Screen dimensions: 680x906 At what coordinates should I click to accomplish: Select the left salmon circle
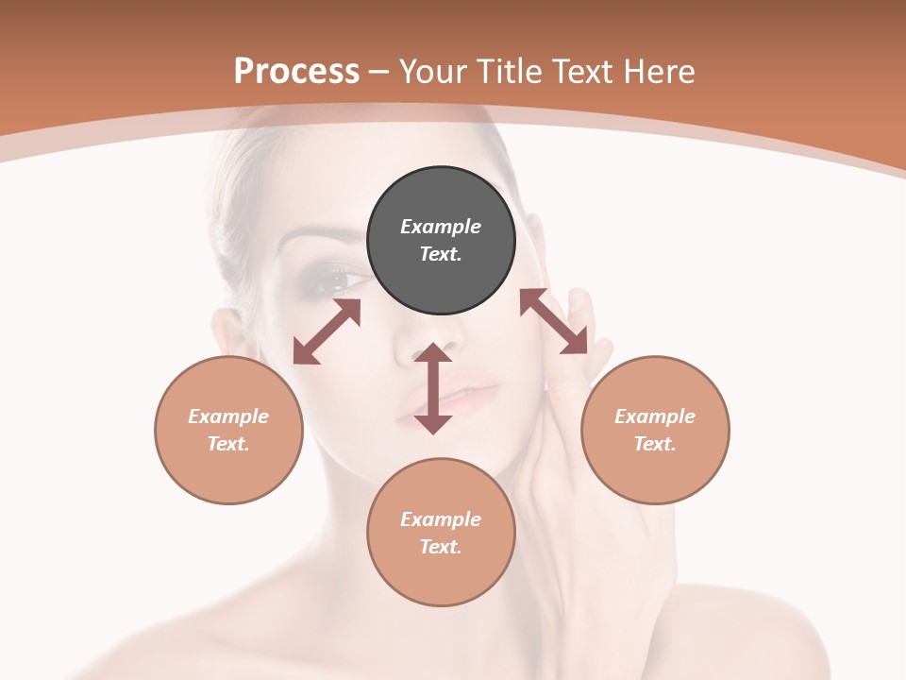coord(228,430)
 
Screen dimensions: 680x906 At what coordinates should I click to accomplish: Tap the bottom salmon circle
coord(441,532)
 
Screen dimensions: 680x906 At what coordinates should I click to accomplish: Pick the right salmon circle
coord(655,430)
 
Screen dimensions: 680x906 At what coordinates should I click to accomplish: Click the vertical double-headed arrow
coord(433,389)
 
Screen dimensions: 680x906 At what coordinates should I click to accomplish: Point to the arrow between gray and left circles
coord(327,331)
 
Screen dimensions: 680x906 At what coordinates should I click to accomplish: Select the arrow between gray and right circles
coord(554,321)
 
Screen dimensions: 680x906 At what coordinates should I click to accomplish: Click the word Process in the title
coord(296,71)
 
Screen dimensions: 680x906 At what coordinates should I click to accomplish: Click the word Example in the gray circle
coord(441,227)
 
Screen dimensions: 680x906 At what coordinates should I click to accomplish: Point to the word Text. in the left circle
coord(228,444)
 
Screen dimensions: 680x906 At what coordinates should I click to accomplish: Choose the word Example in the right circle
coord(655,416)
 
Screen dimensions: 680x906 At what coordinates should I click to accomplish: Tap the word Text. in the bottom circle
coord(441,547)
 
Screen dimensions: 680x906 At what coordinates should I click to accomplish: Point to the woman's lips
coord(462,395)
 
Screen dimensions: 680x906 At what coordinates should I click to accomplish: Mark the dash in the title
coord(378,72)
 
